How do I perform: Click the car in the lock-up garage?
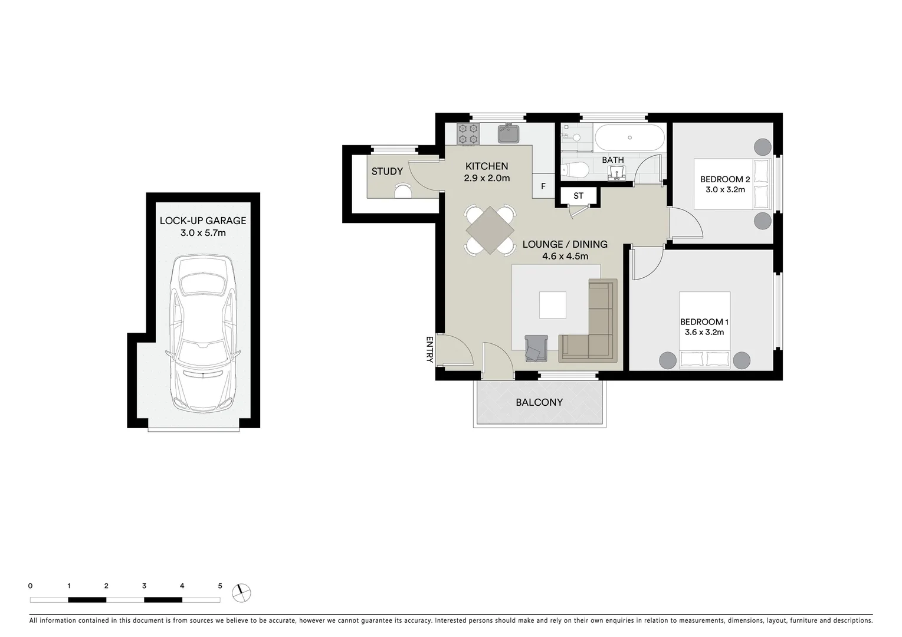(202, 333)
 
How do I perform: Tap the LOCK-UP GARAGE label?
(203, 221)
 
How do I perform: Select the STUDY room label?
(387, 172)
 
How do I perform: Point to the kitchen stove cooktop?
(468, 134)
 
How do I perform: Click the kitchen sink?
(508, 134)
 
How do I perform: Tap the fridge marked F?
(543, 186)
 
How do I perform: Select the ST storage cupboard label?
(578, 196)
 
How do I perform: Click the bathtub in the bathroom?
(629, 138)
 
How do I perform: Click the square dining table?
(490, 229)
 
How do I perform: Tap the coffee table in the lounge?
(553, 305)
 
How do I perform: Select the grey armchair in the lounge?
(536, 348)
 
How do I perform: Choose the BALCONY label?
(539, 402)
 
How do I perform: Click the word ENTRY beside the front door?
(429, 349)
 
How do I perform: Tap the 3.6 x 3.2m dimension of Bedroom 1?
(704, 333)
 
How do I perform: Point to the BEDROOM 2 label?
(725, 179)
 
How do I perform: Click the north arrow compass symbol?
(241, 592)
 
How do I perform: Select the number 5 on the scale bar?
(220, 586)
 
